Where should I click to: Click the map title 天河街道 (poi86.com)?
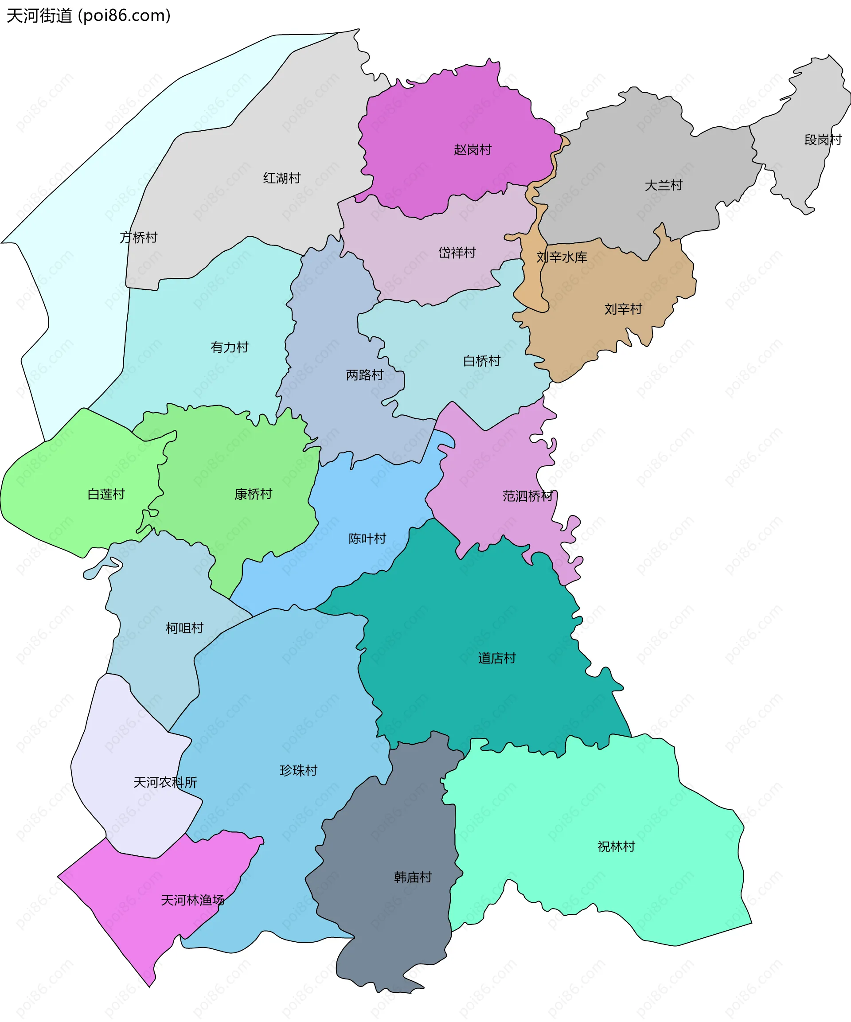[x=89, y=16]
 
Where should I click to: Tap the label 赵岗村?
[x=472, y=149]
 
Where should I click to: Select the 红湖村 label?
[x=282, y=178]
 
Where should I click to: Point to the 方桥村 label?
[x=139, y=238]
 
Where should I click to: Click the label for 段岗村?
[x=823, y=140]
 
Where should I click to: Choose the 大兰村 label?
[x=664, y=185]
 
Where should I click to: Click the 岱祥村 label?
[x=457, y=253]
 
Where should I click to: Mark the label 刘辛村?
[x=623, y=309]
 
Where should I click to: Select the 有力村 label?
[x=229, y=347]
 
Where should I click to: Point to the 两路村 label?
[x=365, y=375]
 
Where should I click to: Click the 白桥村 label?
[x=481, y=361]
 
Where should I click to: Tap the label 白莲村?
[x=106, y=494]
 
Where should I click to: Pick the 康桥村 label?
[x=253, y=494]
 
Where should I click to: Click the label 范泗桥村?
[x=528, y=496]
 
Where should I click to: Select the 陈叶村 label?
[x=367, y=538]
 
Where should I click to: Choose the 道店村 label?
[x=496, y=658]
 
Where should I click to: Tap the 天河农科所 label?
[x=165, y=782]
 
